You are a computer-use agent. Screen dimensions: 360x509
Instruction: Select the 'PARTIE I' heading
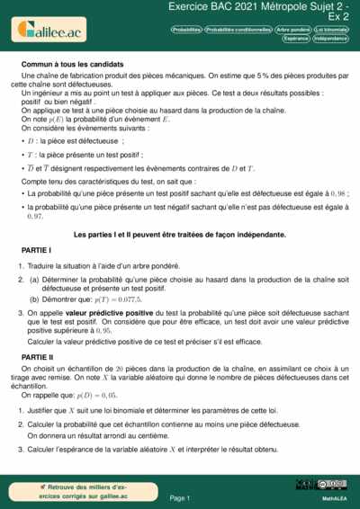[36, 249]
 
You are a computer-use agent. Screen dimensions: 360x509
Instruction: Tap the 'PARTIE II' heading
[38, 357]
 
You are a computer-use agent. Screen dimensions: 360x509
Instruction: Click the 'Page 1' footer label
[180, 497]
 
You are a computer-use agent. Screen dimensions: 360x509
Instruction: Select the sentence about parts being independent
[180, 235]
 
